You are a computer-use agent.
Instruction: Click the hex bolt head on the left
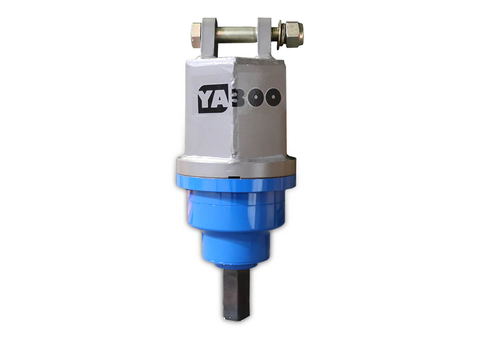coord(196,36)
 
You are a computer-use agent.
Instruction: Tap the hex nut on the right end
coord(294,32)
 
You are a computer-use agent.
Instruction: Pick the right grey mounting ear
coord(265,37)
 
